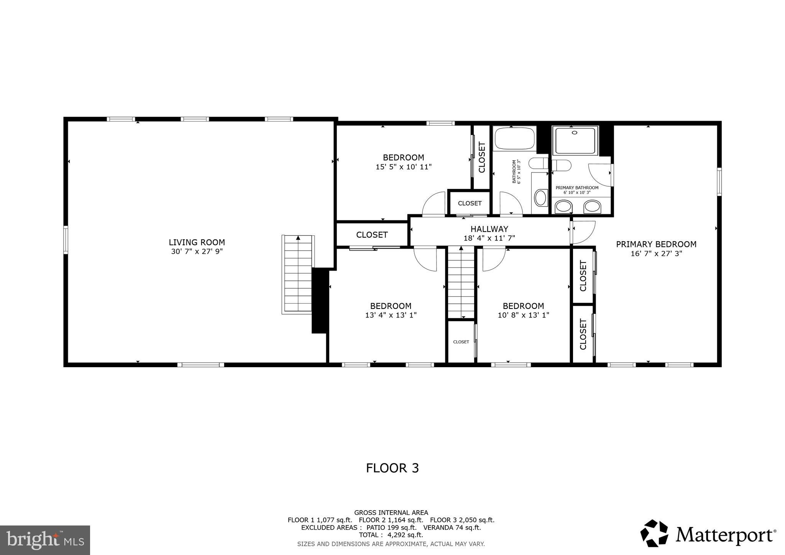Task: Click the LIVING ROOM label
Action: coord(197,242)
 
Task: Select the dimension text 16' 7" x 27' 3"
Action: coord(656,254)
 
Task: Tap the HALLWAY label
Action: coord(489,229)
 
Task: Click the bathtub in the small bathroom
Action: coord(514,139)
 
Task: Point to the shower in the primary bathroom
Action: coord(575,141)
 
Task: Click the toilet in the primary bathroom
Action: coord(561,165)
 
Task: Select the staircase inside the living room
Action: coord(298,274)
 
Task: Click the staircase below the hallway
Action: coord(461,282)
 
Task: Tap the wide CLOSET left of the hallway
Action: coord(372,235)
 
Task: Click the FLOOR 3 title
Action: coord(392,468)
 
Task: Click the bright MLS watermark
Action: coord(45,540)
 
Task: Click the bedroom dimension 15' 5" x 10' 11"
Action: coord(404,167)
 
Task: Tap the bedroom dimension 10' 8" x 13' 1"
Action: coord(523,315)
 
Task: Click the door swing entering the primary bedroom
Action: coord(583,232)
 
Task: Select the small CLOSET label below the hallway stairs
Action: coord(461,342)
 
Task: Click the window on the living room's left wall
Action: coord(66,240)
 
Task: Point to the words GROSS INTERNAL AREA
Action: coord(391,512)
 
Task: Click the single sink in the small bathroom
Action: coord(540,198)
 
